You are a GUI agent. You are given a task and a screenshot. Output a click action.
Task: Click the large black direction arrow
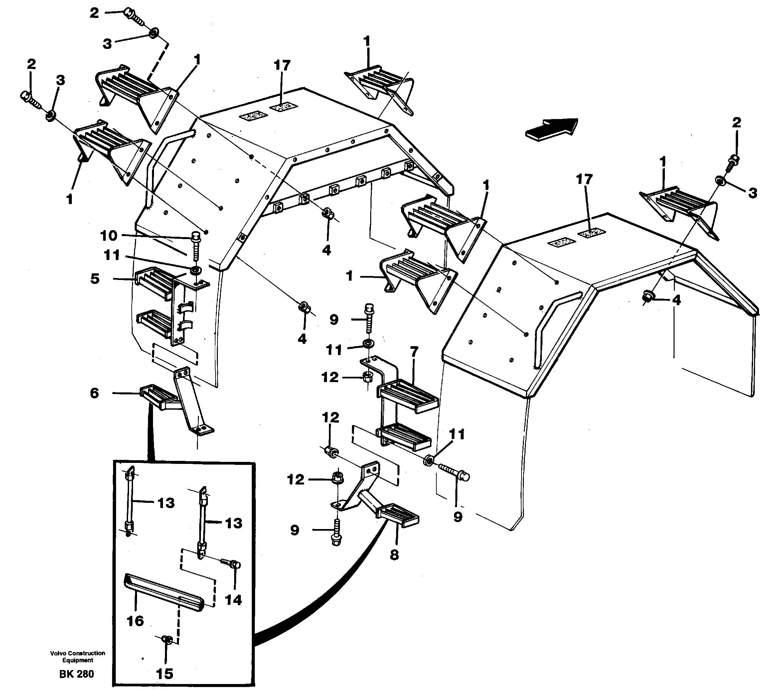pos(552,129)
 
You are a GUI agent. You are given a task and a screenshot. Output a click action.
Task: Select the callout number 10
pos(109,236)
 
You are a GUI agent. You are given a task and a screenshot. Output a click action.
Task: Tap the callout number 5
pos(95,279)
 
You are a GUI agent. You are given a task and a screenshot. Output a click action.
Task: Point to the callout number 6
pos(94,393)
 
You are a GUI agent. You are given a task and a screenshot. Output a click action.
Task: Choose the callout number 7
pos(414,351)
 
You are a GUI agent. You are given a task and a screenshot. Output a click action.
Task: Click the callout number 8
pos(394,555)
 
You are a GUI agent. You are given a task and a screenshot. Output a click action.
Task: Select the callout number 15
pos(164,673)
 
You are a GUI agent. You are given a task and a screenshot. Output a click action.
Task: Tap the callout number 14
pos(233,600)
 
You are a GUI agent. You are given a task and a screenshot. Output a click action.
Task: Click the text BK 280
pos(76,674)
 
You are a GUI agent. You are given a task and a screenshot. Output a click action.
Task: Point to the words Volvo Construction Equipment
pos(77,656)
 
